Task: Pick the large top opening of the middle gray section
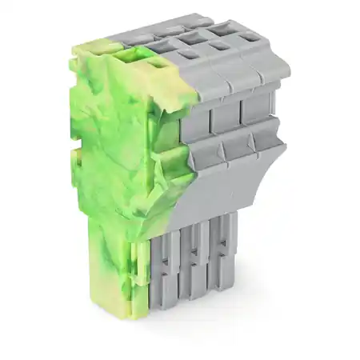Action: coord(192,37)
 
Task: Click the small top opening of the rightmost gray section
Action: coord(250,37)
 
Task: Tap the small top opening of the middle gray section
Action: coord(220,46)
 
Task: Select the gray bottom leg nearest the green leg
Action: coord(163,272)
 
